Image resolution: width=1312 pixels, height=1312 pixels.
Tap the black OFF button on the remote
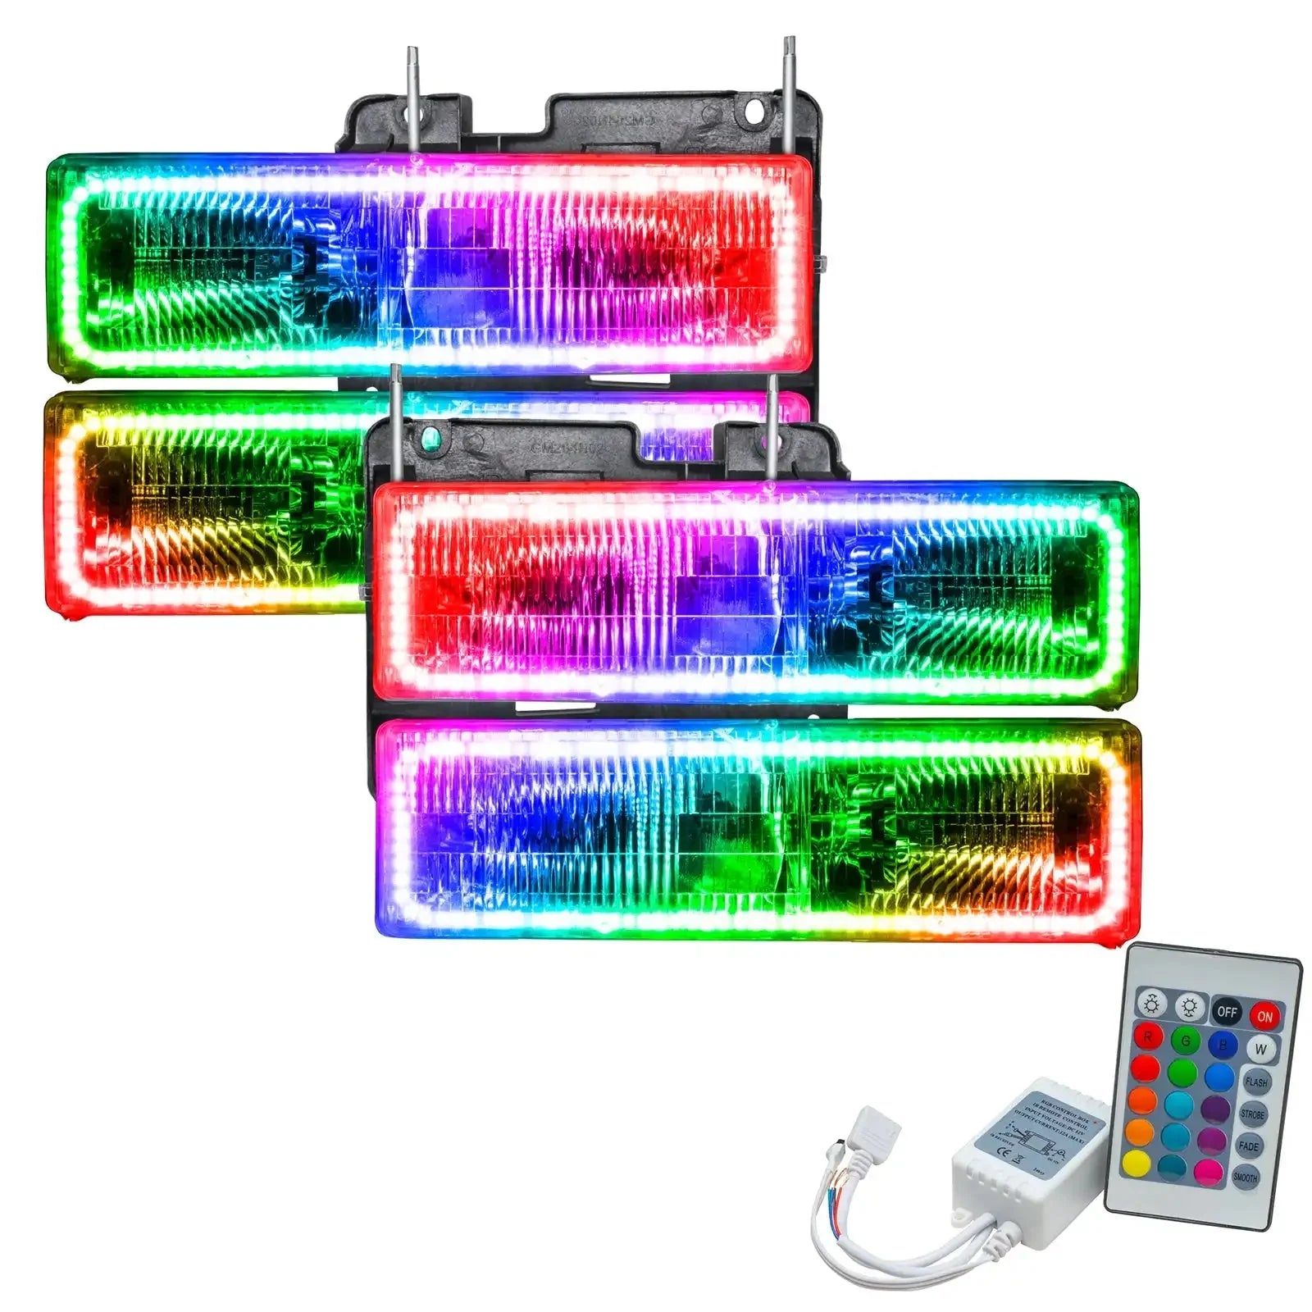coord(1227,1011)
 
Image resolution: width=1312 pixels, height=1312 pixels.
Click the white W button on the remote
coord(1260,1049)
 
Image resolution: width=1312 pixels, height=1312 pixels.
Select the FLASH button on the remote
coord(1255,1082)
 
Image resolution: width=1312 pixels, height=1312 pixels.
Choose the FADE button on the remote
coord(1248,1146)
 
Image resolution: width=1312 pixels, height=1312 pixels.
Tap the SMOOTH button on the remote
coord(1245,1178)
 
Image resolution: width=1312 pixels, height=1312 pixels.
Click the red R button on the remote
coord(1148,1037)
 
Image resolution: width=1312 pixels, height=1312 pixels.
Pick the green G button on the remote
coord(1186,1041)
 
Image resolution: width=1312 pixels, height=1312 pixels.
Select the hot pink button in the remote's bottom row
coord(1208,1171)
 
